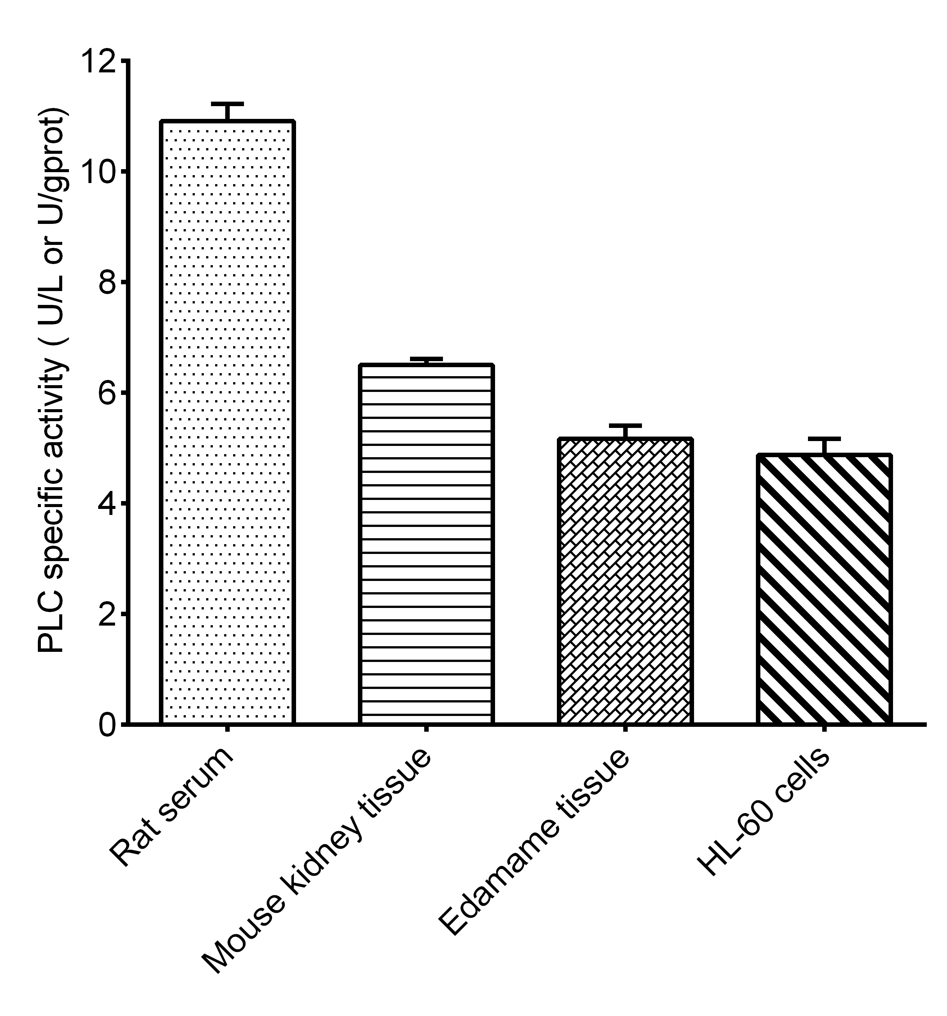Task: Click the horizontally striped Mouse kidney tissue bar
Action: [426, 544]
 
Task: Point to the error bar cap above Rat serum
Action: [227, 104]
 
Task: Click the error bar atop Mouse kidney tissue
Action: [426, 359]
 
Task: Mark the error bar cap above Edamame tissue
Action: [625, 426]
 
